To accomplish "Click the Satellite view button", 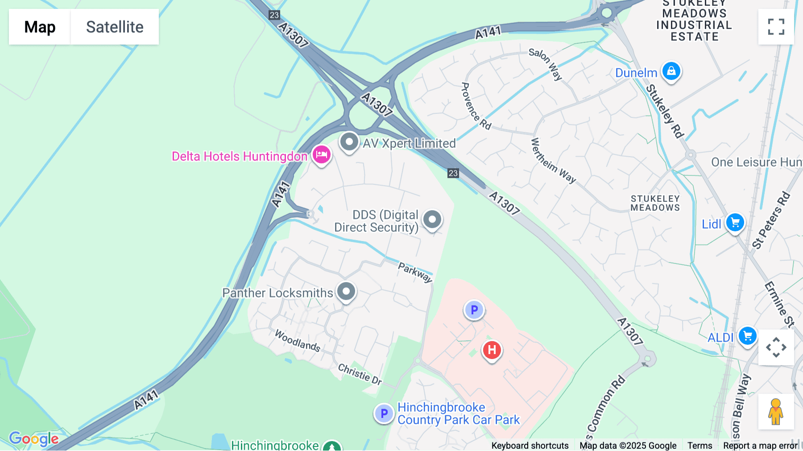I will (x=115, y=27).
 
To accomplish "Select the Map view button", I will (x=40, y=27).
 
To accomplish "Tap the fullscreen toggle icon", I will (x=776, y=27).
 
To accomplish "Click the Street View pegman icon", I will (x=776, y=411).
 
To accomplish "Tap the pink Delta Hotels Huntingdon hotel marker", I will (x=321, y=155).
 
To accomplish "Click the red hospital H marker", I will (x=492, y=350).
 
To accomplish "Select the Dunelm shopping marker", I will (x=671, y=71).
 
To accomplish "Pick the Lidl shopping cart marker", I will (x=735, y=222).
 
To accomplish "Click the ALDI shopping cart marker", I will (x=747, y=336).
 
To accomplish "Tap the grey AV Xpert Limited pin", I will (x=349, y=142).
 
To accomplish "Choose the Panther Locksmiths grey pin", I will (x=346, y=292).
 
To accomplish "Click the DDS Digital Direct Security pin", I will (x=432, y=219).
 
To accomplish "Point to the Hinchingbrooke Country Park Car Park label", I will (x=458, y=413).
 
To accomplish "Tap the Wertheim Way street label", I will (x=553, y=161).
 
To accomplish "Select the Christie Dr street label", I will (x=360, y=374).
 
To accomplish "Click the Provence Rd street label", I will (x=476, y=106).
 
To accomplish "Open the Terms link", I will (x=700, y=445).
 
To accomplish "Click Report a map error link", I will (x=760, y=445).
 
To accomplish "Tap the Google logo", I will (x=34, y=438).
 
